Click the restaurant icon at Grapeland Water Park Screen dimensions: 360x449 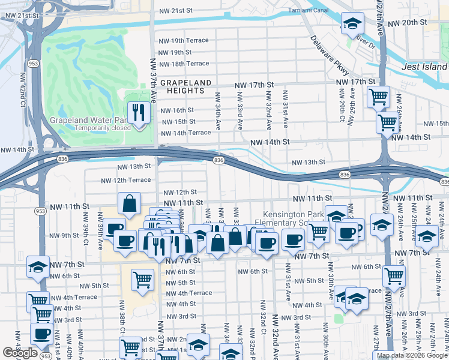[x=139, y=112]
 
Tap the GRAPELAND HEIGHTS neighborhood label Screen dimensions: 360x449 [x=185, y=86]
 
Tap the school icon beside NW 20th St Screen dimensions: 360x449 [x=352, y=24]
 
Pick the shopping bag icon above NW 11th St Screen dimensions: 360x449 [x=130, y=205]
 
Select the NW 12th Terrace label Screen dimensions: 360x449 [x=125, y=180]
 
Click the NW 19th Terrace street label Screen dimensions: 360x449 [x=183, y=40]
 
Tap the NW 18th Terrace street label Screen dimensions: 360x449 [x=183, y=64]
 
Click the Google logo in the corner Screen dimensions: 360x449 [x=20, y=353]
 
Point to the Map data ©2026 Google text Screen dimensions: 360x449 [x=411, y=355]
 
